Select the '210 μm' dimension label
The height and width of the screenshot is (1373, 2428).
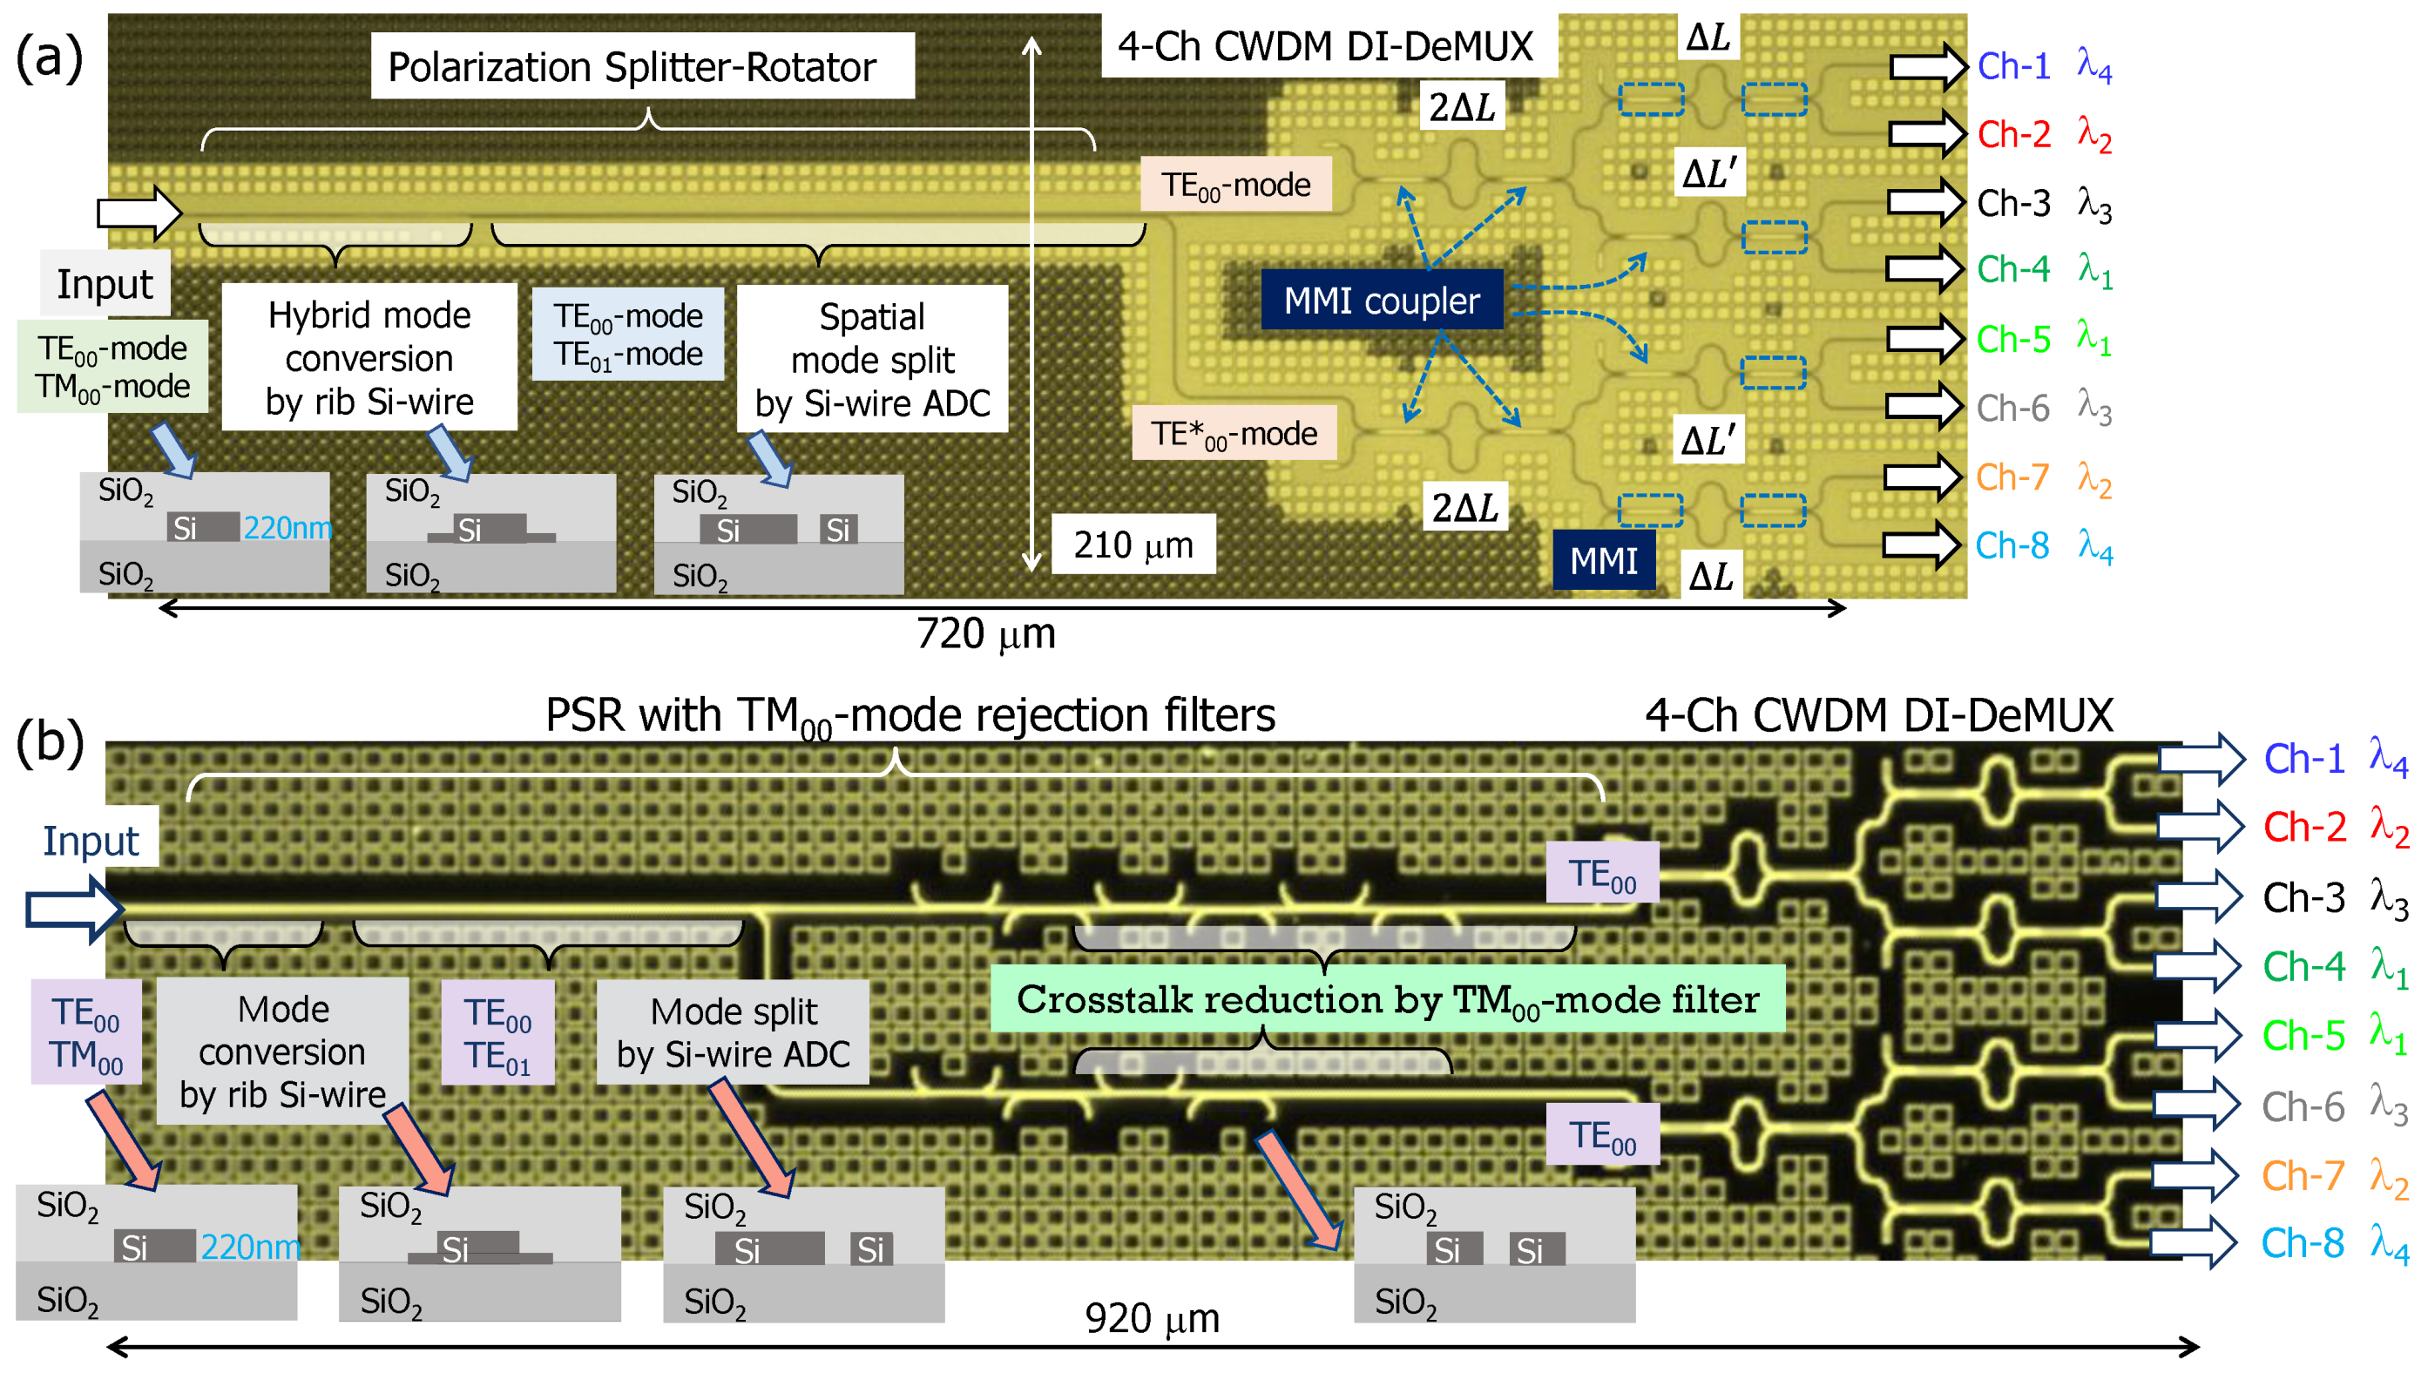(1133, 544)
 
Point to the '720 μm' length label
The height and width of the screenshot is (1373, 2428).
(985, 633)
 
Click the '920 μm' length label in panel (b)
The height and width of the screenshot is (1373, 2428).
(1152, 1317)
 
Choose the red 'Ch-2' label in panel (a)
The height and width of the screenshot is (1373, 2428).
(2013, 134)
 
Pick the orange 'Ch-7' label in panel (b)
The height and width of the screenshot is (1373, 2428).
(2303, 1175)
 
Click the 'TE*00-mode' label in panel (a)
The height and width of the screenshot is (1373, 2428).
(1234, 433)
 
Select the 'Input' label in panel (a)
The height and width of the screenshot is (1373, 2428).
(104, 283)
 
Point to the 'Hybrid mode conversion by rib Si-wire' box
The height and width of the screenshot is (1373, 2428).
(369, 357)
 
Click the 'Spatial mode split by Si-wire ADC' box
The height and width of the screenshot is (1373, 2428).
(871, 359)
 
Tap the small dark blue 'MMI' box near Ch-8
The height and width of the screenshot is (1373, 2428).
(1603, 560)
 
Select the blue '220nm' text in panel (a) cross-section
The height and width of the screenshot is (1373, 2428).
(287, 527)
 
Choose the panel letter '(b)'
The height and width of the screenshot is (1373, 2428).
(49, 742)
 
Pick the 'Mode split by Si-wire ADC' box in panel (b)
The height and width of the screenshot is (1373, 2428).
(733, 1031)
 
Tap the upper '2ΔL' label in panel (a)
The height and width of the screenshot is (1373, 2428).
(1462, 106)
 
